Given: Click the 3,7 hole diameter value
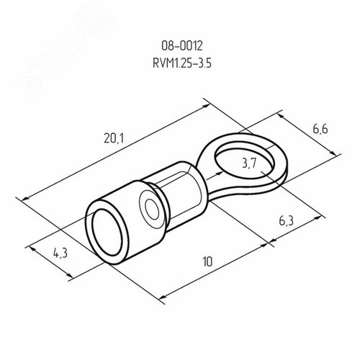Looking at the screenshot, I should click(250, 165).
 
